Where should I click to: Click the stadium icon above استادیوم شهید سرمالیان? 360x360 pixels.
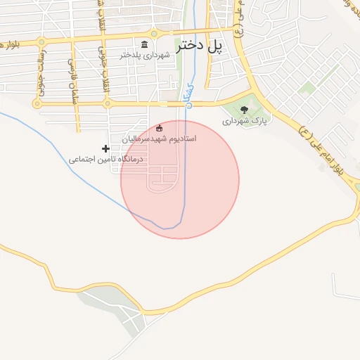tap(159, 128)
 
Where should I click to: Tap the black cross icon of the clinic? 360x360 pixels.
tap(105, 148)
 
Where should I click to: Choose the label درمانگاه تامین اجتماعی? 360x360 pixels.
tap(105, 159)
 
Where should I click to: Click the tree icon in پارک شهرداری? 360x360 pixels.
tap(244, 109)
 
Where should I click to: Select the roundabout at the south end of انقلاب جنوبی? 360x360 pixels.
tap(107, 104)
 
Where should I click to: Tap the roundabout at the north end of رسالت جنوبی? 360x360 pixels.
tap(41, 42)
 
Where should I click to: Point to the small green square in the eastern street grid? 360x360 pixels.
tap(307, 88)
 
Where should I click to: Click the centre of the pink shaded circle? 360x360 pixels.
tap(180, 179)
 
